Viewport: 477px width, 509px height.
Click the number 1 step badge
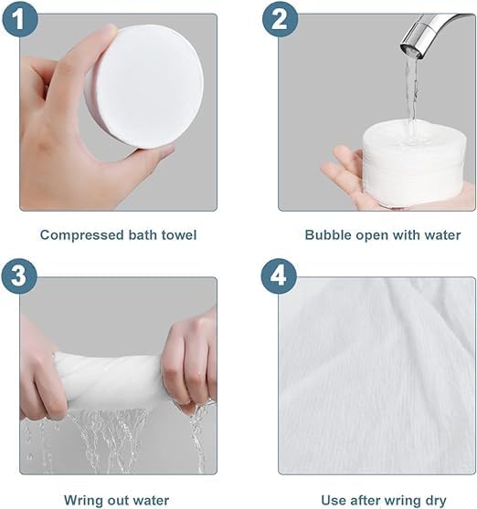point(19,19)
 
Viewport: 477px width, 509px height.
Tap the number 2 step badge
point(281,19)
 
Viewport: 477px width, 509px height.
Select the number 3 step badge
point(19,276)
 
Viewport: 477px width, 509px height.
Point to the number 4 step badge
point(279,276)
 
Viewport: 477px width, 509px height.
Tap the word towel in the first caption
point(179,234)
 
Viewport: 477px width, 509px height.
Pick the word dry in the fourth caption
point(435,500)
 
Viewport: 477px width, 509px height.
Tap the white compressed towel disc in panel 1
point(145,86)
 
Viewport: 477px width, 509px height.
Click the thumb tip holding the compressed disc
point(109,31)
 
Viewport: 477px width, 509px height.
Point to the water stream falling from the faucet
point(411,98)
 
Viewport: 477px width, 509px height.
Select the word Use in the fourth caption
point(334,500)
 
